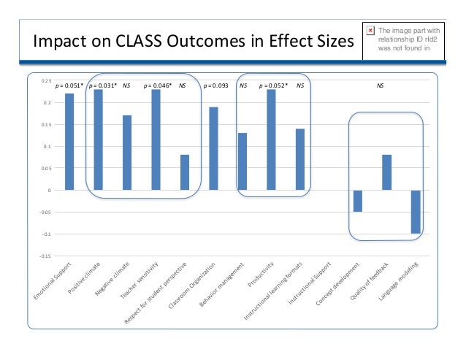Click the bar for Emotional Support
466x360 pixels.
point(69,142)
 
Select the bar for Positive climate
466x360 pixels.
point(99,139)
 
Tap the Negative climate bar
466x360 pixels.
point(127,153)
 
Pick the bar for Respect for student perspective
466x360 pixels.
point(185,172)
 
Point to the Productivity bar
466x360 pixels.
point(271,139)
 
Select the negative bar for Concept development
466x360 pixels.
point(358,201)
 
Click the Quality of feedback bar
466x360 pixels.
point(386,172)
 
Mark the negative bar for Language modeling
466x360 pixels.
point(415,212)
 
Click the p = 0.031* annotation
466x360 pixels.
point(102,85)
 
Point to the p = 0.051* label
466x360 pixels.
point(69,85)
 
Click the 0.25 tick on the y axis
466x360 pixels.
point(46,81)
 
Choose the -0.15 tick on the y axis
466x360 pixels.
point(45,256)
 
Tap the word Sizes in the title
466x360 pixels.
point(324,41)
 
